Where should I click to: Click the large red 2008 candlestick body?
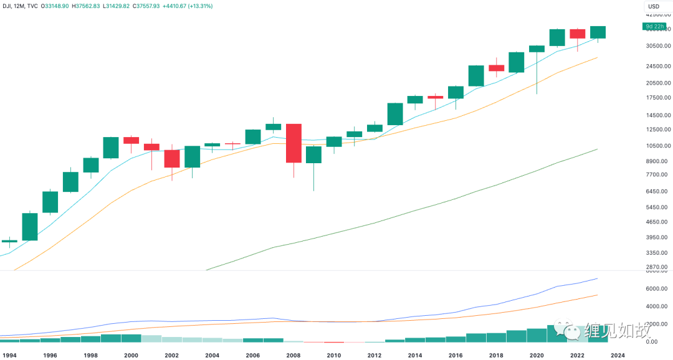[294, 143]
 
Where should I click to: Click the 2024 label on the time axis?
[617, 354]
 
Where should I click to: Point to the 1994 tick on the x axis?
[9, 354]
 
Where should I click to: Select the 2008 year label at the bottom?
[293, 354]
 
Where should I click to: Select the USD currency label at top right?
[654, 7]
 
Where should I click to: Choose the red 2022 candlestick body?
[577, 34]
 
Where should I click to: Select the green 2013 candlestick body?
[395, 114]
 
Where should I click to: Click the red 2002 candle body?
[172, 158]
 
